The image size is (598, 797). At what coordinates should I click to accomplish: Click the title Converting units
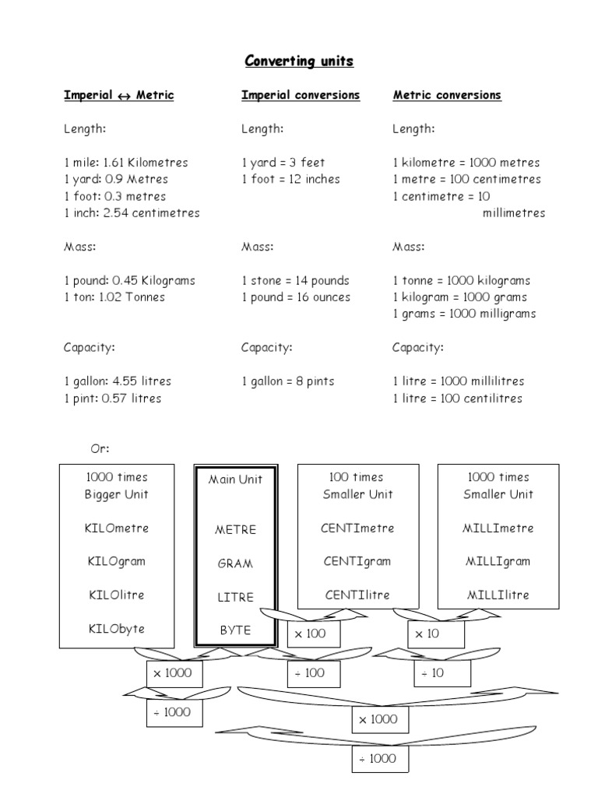[x=299, y=61]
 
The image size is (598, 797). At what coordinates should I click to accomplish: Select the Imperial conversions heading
[x=301, y=95]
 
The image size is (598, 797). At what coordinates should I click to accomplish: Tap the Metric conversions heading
[x=447, y=95]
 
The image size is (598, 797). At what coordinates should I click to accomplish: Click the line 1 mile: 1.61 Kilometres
[x=125, y=163]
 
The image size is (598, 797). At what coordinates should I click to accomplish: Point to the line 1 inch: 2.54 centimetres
[x=132, y=212]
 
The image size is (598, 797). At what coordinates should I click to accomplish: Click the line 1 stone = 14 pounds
[x=295, y=280]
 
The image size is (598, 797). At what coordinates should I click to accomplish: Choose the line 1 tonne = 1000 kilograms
[x=461, y=280]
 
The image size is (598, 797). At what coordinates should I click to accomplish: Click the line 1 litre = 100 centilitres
[x=457, y=398]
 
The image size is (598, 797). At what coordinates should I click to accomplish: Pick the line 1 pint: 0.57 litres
[x=112, y=398]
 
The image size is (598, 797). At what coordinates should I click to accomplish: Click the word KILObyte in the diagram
[x=114, y=629]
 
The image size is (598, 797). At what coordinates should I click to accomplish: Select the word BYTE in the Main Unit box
[x=235, y=630]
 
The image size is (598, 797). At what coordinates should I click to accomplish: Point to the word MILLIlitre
[x=498, y=595]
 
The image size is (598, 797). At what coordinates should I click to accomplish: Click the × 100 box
[x=309, y=634]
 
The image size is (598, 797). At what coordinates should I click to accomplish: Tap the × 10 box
[x=427, y=634]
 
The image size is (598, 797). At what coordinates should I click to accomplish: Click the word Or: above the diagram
[x=100, y=448]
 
